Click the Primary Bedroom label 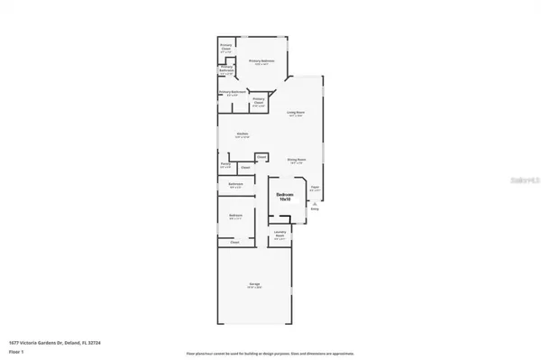262,62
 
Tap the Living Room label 294,114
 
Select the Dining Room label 296,161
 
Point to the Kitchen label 243,135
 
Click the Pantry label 225,166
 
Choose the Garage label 254,285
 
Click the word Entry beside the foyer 315,208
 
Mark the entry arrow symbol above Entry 315,203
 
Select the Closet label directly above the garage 234,243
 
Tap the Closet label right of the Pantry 244,167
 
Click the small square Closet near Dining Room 261,157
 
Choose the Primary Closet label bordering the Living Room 259,101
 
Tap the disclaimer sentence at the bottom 270,353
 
